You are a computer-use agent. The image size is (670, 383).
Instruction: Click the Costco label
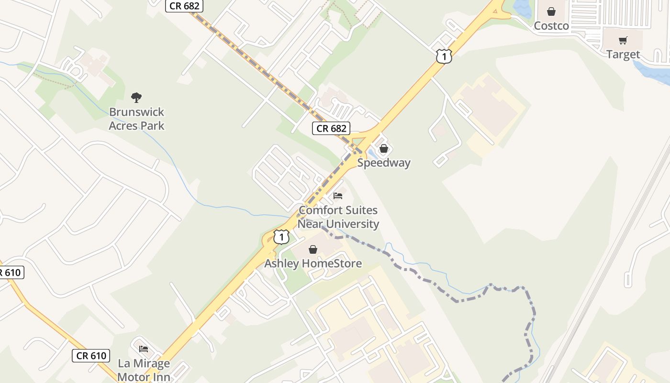[551, 26]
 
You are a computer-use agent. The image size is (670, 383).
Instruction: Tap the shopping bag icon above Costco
[551, 11]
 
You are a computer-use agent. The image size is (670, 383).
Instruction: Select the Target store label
[623, 55]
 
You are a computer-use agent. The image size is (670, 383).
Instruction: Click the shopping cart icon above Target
[623, 41]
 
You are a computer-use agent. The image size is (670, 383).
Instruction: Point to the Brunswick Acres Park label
[136, 119]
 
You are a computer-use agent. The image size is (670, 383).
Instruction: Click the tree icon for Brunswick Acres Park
[136, 98]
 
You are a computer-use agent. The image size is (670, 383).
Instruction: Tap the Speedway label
[384, 163]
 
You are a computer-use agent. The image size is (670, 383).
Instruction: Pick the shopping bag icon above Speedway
[383, 149]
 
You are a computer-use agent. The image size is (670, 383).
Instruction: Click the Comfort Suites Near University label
[338, 217]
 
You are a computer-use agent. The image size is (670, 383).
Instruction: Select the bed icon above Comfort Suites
[338, 196]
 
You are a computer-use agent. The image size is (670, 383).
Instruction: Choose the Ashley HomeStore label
[313, 263]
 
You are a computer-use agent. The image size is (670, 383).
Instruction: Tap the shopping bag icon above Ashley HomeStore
[313, 249]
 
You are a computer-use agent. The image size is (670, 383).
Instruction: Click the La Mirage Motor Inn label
[144, 370]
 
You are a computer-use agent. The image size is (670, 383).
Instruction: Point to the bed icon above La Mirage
[144, 349]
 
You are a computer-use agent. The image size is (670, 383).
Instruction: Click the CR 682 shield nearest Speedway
[331, 128]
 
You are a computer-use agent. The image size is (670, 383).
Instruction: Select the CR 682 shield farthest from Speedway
[185, 6]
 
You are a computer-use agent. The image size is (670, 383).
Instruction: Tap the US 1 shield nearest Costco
[444, 57]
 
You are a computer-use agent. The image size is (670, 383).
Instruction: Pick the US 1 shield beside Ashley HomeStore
[281, 237]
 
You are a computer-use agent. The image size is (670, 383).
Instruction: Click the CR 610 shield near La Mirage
[91, 356]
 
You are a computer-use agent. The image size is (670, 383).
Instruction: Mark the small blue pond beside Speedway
[372, 154]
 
